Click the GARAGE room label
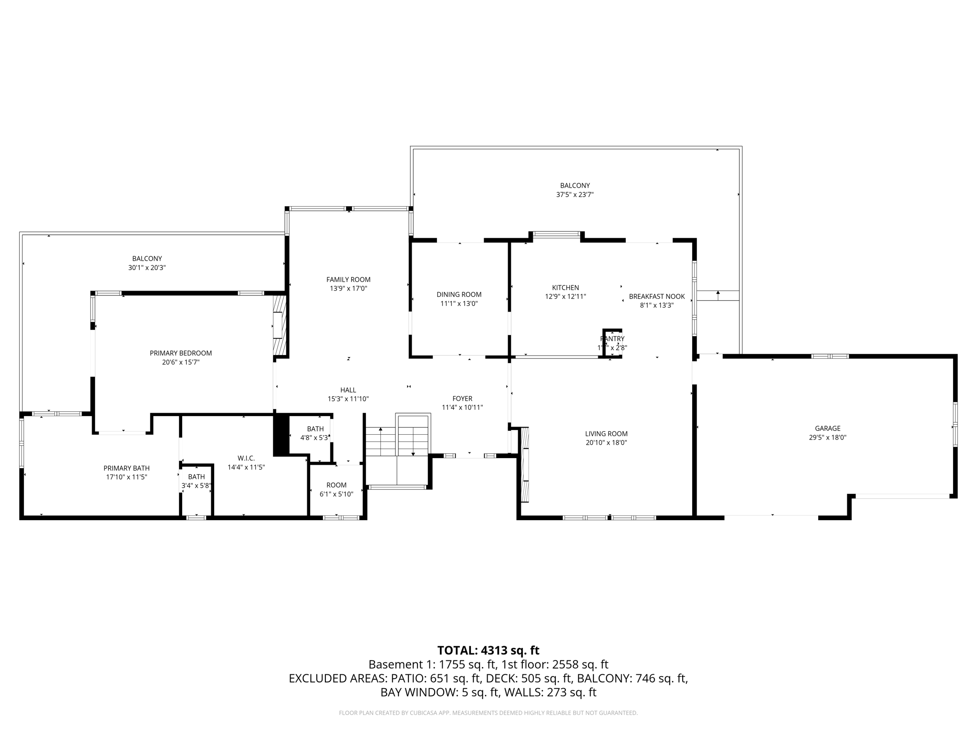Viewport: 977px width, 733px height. [x=827, y=429]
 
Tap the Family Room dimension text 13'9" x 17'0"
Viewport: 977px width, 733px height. [x=348, y=289]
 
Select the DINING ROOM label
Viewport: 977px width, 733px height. [x=459, y=294]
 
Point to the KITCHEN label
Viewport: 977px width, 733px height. [x=565, y=288]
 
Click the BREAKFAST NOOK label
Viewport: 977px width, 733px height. [x=656, y=296]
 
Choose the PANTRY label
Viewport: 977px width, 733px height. [x=612, y=339]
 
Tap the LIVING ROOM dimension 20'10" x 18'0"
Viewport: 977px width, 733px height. [x=606, y=443]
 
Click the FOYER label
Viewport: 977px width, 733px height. [x=462, y=398]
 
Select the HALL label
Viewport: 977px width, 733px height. [x=348, y=390]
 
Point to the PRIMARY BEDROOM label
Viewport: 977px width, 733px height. [x=181, y=353]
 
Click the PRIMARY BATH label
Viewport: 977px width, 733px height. [x=126, y=468]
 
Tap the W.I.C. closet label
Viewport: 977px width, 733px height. [x=246, y=458]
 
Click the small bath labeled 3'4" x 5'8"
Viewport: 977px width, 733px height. [x=196, y=482]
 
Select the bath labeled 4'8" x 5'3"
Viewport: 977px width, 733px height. [x=315, y=433]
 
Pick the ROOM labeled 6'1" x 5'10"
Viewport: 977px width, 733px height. [x=336, y=490]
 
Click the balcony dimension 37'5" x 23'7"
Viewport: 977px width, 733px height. [x=574, y=195]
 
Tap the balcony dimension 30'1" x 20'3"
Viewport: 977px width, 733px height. [x=147, y=268]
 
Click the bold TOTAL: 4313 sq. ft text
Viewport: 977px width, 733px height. [x=488, y=650]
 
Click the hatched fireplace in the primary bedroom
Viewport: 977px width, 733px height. [x=279, y=325]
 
